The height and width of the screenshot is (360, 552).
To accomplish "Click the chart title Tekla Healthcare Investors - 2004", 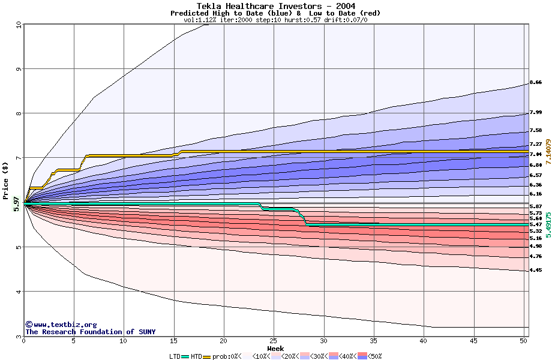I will click(275, 6).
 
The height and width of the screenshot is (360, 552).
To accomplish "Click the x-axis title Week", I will click(275, 349).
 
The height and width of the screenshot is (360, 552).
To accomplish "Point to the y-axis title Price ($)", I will click(6, 181).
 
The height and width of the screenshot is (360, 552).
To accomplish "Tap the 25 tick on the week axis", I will click(274, 341).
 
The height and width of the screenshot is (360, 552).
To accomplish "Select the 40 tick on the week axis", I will click(424, 341).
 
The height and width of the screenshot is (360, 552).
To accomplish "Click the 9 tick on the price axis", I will click(19, 69).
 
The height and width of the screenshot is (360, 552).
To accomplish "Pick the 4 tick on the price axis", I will click(19, 292).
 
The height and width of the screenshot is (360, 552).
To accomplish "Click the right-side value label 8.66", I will click(536, 82).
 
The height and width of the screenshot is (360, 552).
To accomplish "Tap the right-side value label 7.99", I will click(536, 112).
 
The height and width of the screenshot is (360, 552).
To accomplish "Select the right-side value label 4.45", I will click(536, 271).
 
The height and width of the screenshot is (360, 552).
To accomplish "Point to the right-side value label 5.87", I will click(536, 206).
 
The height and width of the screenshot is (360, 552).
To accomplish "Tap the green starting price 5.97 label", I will click(17, 204).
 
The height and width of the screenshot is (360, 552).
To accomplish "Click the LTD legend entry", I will click(174, 356).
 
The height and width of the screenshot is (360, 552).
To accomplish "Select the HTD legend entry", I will click(196, 356).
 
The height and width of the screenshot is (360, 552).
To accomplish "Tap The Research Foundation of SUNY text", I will click(90, 332).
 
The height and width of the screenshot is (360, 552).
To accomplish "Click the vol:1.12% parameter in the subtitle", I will click(200, 20).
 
